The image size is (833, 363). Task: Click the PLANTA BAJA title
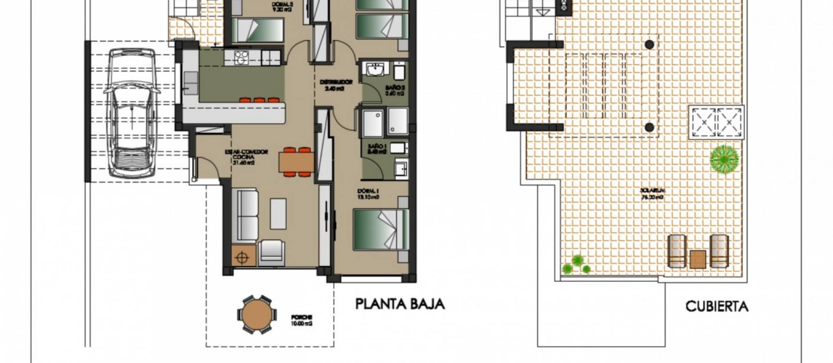(400, 304)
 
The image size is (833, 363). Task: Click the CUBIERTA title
(717, 307)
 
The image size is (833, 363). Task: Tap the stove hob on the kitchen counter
(240, 58)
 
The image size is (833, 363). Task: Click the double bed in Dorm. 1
(381, 230)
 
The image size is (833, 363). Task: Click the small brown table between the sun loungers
(698, 259)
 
